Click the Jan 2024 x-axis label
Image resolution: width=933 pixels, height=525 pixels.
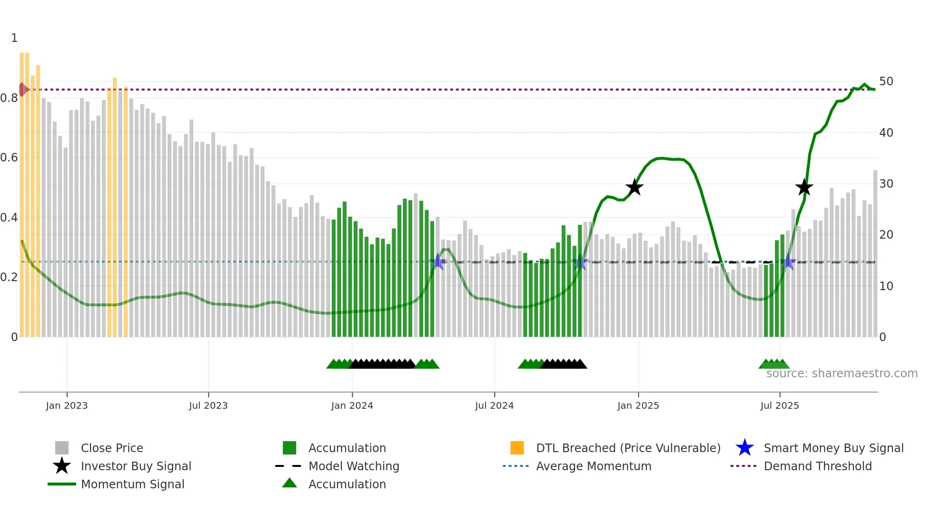coord(352,405)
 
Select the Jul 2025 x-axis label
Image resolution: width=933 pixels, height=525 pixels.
coord(779,405)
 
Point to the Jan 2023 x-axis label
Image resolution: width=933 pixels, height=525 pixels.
coord(67,405)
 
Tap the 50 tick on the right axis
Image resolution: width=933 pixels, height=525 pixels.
coord(886,81)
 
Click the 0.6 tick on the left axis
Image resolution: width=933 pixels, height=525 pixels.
coord(9,158)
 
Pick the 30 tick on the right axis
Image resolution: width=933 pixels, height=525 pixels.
coord(886,184)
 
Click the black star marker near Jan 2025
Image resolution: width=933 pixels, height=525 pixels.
coord(634,188)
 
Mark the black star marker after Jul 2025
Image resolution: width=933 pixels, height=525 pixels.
coord(804,188)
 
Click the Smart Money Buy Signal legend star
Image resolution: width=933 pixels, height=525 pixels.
coord(744,448)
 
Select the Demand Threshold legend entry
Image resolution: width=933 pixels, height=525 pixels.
coord(817,466)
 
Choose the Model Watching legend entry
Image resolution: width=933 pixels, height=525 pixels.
coord(353,466)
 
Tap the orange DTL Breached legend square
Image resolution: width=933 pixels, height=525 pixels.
coord(517,448)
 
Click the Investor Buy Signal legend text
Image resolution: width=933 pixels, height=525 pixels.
coord(136,466)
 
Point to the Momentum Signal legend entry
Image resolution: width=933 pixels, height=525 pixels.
coord(132,484)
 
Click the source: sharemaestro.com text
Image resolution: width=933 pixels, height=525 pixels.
coord(842,374)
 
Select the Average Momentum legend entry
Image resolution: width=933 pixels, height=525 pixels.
coord(593,466)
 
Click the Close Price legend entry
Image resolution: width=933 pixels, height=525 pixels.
coord(111,448)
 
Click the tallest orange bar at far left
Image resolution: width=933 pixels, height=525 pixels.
coord(22,191)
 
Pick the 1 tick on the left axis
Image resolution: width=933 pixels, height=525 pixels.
coord(14,38)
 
